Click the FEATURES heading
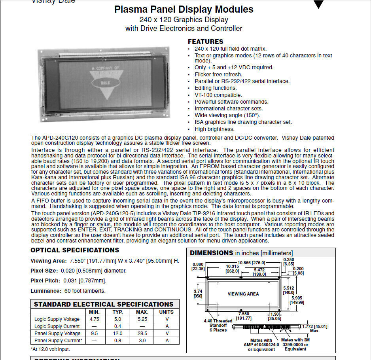coord(205,42)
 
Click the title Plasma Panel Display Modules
coord(184,9)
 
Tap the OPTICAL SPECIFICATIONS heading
coord(75,250)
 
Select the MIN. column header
coord(94,312)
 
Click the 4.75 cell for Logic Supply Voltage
coord(94,319)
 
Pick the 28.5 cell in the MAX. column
coord(142,333)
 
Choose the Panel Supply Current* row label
coord(58,341)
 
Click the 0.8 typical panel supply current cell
coord(118,341)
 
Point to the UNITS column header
coord(167,312)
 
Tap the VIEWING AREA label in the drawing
coord(243,294)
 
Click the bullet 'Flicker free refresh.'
coord(218,74)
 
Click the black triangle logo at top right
coord(318,4)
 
